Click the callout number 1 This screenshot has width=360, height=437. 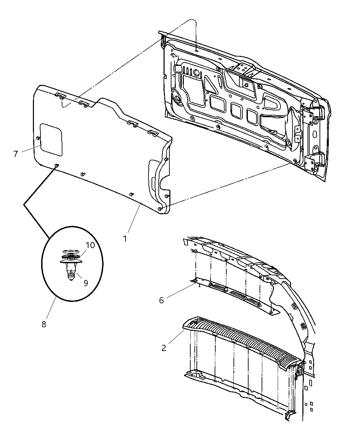pyautogui.click(x=125, y=238)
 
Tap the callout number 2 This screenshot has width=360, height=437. pyautogui.click(x=164, y=348)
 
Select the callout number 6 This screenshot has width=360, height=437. pyautogui.click(x=161, y=300)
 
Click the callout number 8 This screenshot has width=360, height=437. pyautogui.click(x=44, y=324)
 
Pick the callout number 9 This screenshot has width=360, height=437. pyautogui.click(x=85, y=283)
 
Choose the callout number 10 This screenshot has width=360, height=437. pyautogui.click(x=90, y=245)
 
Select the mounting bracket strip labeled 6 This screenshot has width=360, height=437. pyautogui.click(x=233, y=295)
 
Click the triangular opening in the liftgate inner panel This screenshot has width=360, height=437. pyautogui.click(x=210, y=84)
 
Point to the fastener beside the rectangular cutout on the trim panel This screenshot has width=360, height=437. pyautogui.click(x=37, y=138)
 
